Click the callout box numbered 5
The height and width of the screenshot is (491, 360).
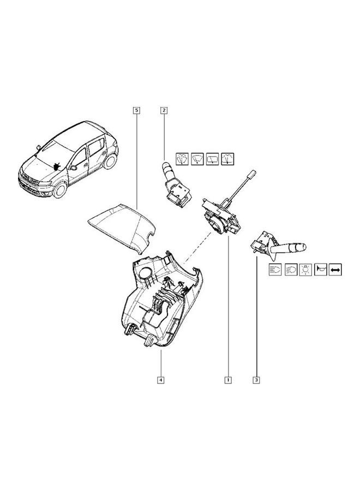point(135,110)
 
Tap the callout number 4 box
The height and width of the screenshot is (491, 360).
point(161,380)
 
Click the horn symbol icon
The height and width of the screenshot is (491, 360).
point(321,269)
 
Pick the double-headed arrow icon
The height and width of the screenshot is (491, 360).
point(335,269)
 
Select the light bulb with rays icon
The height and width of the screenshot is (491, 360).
point(306,269)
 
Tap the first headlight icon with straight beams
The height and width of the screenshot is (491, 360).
point(276,269)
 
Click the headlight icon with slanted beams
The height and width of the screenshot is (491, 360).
point(291,269)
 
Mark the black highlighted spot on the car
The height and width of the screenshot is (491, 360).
point(56,165)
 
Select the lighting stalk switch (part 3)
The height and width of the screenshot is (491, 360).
point(278,246)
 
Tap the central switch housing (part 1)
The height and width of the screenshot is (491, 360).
point(221,215)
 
